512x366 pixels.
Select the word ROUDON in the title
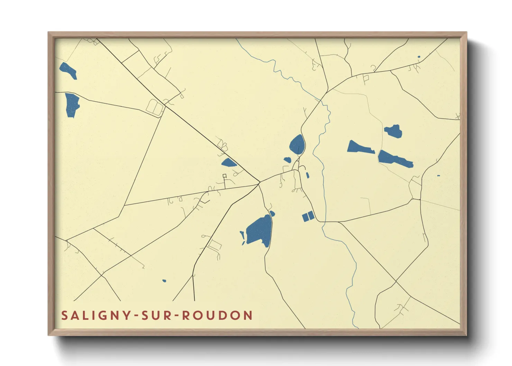tap(217, 315)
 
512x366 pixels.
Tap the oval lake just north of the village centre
tap(297, 144)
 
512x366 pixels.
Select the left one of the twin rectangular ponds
tap(305, 217)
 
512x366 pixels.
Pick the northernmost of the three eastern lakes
tap(394, 131)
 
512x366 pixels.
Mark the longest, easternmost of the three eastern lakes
tap(394, 159)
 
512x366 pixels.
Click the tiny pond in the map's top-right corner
tap(419, 57)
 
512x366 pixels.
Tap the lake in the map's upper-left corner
tap(68, 70)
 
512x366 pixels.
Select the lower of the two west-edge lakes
tap(72, 104)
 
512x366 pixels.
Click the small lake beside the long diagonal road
tap(228, 162)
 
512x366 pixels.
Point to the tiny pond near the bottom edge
tap(164, 281)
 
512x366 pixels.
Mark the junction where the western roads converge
tap(260, 182)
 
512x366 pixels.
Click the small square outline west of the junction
tap(225, 176)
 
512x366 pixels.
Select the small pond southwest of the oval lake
tap(287, 160)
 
